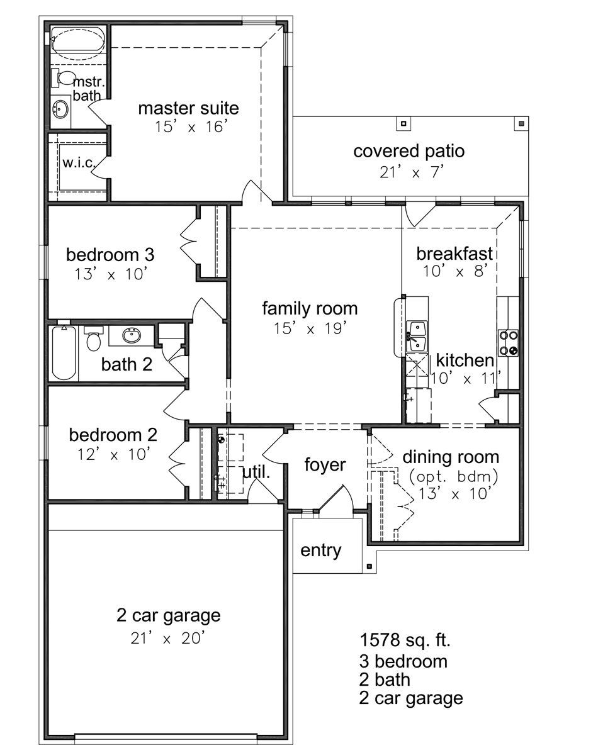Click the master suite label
coord(188,108)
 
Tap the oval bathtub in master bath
coord(77,44)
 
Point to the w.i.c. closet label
coord(79,162)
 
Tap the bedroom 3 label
coord(110,255)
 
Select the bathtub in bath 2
coord(64,352)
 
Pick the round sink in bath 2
coord(132,335)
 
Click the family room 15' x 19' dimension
coord(310,328)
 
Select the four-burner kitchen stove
coord(508,342)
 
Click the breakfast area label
coord(454,254)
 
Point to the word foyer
coord(325,465)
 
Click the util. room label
coord(256,473)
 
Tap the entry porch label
coord(320,551)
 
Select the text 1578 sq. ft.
coord(405,640)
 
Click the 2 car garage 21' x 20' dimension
coord(167,638)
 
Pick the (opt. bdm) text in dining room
coord(453,476)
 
